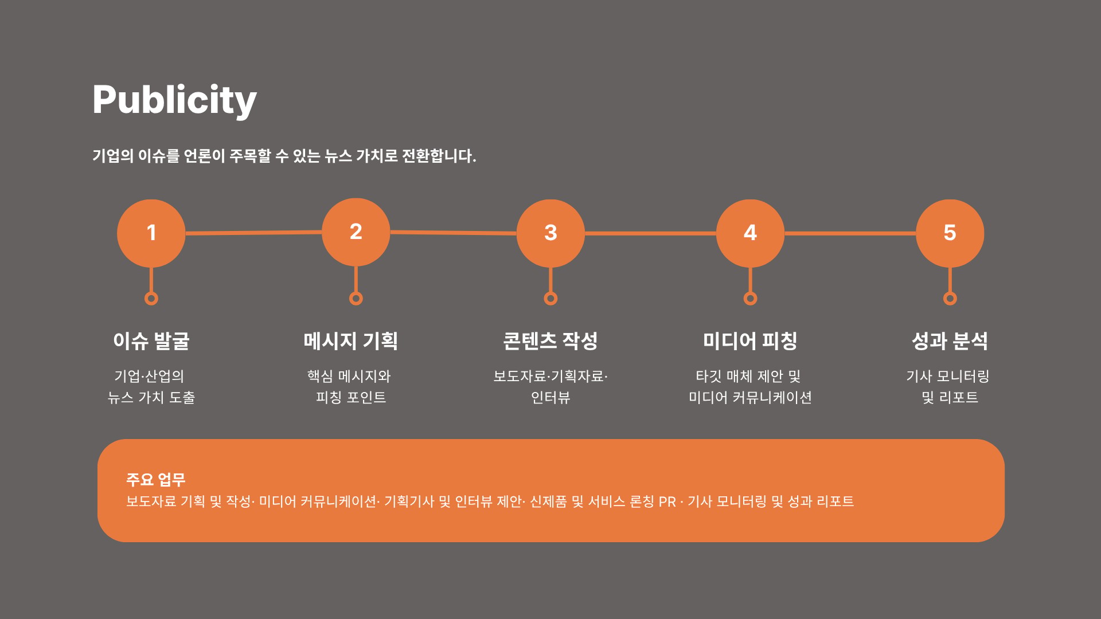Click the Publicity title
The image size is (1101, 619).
tap(174, 101)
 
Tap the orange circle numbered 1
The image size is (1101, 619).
tap(151, 233)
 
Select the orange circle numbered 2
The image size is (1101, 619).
tap(356, 232)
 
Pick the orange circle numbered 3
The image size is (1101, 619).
tap(550, 233)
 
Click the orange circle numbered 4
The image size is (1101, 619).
tap(750, 233)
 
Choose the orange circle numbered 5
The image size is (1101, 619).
tap(950, 233)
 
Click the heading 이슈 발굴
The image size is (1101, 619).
tap(151, 341)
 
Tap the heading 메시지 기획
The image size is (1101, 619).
tap(351, 341)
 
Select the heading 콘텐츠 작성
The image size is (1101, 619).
tap(550, 341)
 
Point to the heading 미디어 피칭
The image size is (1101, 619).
tap(750, 341)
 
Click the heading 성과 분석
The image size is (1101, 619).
tap(950, 341)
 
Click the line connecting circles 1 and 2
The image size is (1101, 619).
tap(253, 233)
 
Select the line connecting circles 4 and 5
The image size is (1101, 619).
tap(850, 233)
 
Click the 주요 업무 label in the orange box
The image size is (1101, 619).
tap(156, 480)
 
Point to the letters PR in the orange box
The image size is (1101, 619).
tap(667, 502)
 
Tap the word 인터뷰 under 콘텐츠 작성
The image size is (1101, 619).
tap(550, 398)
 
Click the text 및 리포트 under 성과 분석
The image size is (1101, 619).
tap(950, 398)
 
